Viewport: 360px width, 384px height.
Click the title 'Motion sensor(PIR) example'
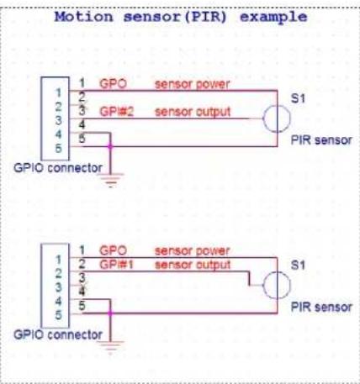[181, 17]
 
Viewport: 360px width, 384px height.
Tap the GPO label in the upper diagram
[113, 85]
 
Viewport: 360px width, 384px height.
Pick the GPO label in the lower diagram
[113, 250]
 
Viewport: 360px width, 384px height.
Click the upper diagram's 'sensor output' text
[192, 111]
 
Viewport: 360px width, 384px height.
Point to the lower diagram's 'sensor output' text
[192, 263]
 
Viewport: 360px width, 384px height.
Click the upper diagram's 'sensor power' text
[191, 85]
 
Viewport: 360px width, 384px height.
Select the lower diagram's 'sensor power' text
[191, 250]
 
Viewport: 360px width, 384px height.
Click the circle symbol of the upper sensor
[276, 118]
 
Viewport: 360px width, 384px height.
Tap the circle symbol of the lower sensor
[276, 285]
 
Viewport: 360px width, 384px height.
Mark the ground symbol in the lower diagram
[110, 341]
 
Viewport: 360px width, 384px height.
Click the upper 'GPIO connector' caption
[57, 167]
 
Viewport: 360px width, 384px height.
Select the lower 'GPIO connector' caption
[57, 334]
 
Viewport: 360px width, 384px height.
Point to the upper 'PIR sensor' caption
[321, 139]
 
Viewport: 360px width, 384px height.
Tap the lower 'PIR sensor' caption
[321, 306]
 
